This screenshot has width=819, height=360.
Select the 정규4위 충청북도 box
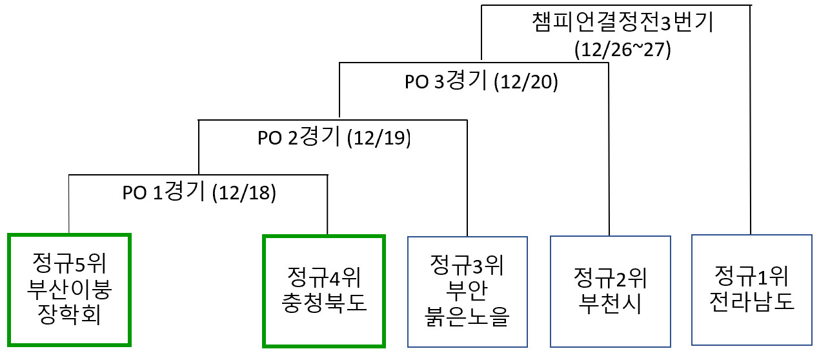324,290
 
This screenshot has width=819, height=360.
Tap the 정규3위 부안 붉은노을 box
467,292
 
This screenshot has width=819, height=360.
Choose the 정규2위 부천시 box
610,292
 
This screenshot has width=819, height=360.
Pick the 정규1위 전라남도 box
751,289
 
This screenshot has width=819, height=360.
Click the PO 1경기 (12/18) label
199,194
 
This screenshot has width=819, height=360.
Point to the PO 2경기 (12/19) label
334,138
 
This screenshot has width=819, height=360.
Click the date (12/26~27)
623,50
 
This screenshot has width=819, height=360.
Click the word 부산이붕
70,288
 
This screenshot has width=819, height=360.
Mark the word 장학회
70,315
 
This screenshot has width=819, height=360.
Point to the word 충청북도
324,303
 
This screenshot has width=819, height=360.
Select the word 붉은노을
467,317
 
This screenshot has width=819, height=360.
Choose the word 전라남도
751,301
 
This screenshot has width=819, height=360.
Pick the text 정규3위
467,265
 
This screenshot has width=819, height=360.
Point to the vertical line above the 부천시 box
609,155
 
